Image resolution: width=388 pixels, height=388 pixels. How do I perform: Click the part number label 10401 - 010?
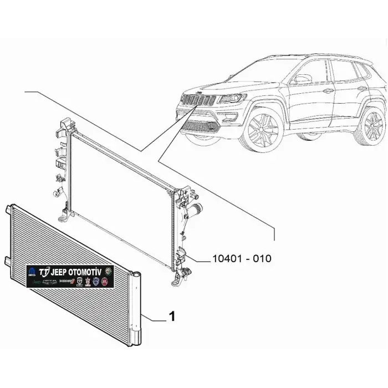[242, 258]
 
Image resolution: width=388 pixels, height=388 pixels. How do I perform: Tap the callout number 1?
[172, 316]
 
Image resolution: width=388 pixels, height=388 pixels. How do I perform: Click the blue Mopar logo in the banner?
[32, 272]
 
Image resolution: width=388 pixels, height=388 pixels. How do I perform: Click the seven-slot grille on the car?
[200, 101]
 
